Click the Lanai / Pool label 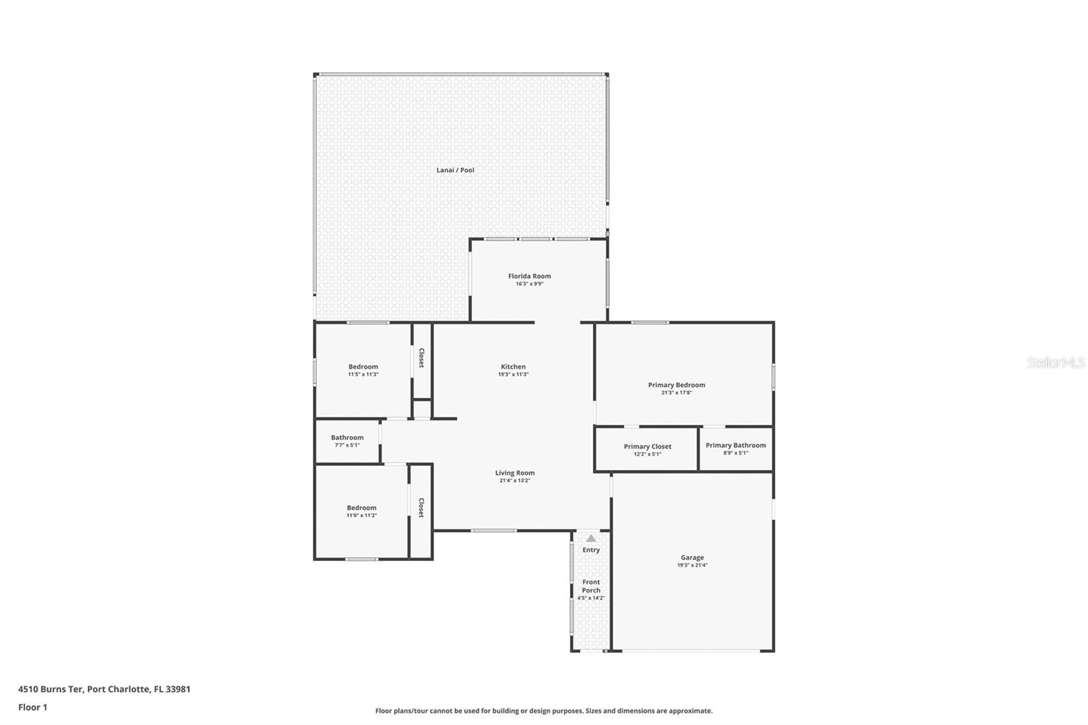pos(455,170)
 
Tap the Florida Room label pos(529,276)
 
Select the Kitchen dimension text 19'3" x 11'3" pos(513,375)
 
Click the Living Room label pos(514,473)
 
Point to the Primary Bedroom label pos(676,385)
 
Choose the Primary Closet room pos(647,448)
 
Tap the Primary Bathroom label pos(735,445)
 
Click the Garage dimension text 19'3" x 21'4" pos(692,565)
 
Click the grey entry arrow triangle pos(591,538)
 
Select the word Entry pos(591,550)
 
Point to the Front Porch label pos(591,586)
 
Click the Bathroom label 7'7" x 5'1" pos(347,441)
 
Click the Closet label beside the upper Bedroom pos(422,358)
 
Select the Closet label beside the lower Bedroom pos(422,508)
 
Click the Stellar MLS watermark pos(1055,363)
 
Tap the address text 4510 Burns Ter pos(50,689)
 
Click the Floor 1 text pos(33,707)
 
